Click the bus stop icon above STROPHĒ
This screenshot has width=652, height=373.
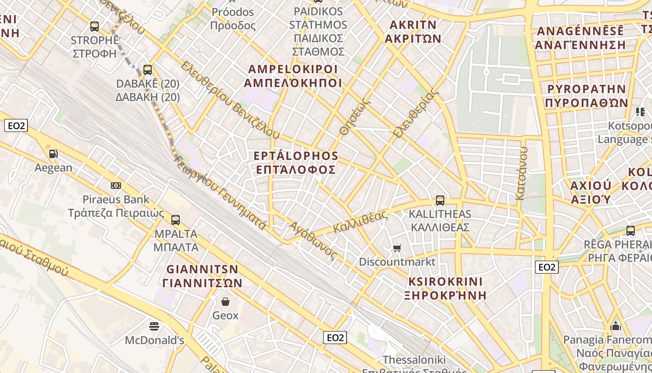tap(95, 27)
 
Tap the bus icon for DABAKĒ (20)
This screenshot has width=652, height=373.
tap(148, 70)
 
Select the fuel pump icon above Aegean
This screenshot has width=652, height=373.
tap(54, 153)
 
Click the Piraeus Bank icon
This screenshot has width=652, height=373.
tap(116, 186)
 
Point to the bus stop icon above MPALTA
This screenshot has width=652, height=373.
tap(176, 220)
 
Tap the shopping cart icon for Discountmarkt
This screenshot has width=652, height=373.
tap(397, 248)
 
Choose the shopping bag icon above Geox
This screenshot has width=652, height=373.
tap(225, 302)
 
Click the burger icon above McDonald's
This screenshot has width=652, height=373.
tap(154, 325)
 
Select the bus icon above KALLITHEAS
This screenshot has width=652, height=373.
tap(440, 200)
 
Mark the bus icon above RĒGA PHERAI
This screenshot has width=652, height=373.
tap(631, 230)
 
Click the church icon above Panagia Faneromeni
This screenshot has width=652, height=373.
tap(616, 325)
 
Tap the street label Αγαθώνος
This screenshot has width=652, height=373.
tap(312, 241)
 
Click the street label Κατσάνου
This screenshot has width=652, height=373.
tap(521, 173)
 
